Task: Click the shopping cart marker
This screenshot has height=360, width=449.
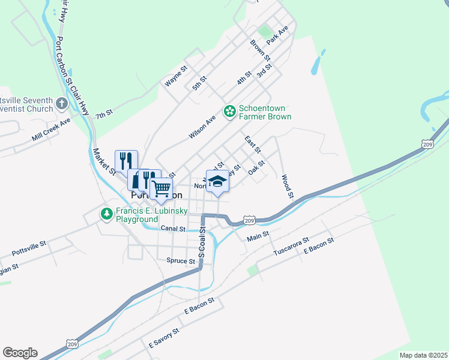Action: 161,188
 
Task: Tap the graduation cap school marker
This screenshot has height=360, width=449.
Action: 217,182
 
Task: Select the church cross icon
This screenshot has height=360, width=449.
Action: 61,104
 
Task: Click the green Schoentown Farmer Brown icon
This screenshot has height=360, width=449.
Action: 229,111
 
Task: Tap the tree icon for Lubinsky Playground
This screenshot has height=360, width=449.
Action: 106,214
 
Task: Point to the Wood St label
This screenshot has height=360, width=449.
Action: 287,186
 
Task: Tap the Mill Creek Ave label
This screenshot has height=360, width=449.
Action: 51,130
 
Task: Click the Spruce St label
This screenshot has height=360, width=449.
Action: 181,261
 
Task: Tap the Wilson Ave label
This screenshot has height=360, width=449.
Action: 202,127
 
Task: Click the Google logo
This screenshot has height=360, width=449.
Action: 20,352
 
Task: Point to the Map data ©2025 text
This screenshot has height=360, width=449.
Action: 423,355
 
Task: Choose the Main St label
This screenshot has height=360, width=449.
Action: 258,238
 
